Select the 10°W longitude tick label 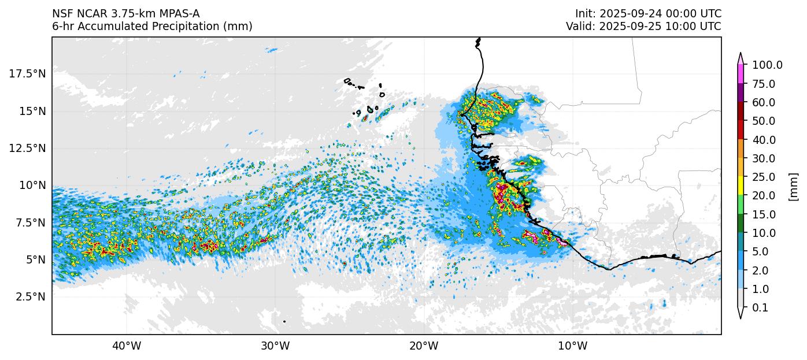point(572,346)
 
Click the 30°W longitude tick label point(275,346)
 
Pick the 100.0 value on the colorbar point(767,65)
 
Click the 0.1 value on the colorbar point(760,308)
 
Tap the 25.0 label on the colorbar point(764,177)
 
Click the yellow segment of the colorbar point(740,186)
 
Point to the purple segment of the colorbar point(740,93)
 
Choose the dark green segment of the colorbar point(740,223)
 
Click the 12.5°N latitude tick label point(27,148)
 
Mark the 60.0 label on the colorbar point(764,102)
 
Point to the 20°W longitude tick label point(424,346)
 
